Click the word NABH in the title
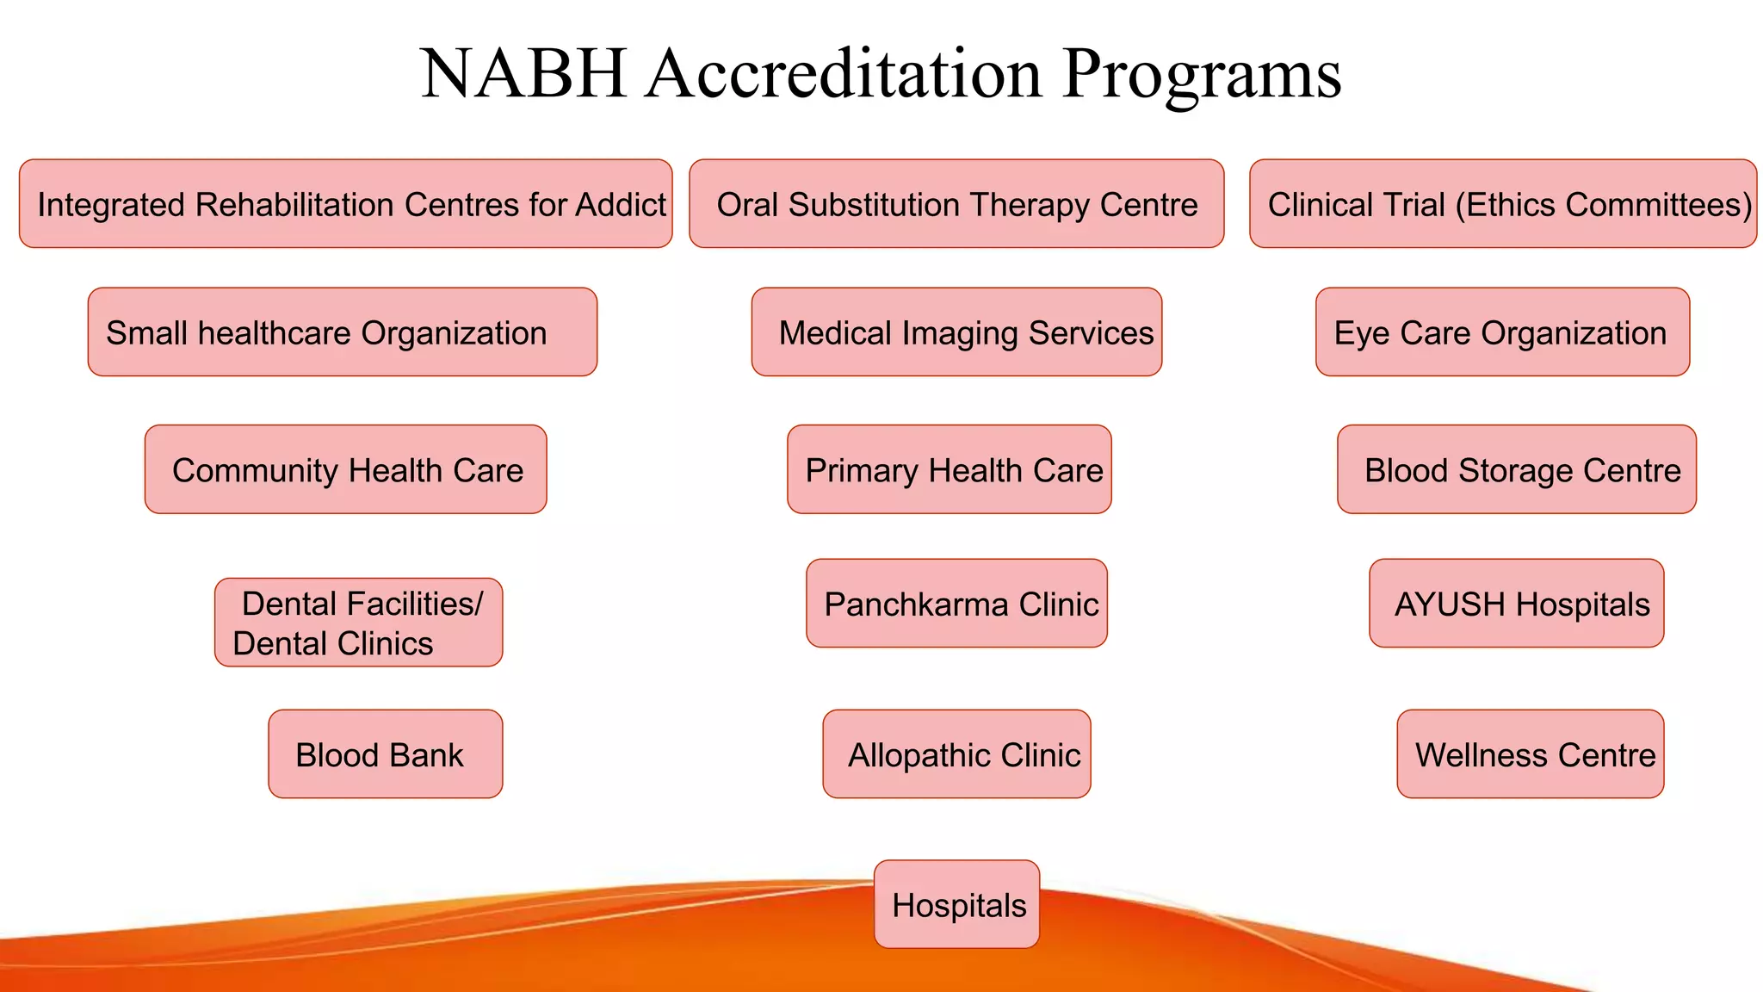[523, 74]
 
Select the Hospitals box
[956, 904]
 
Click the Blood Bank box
[385, 754]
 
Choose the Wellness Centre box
[1530, 754]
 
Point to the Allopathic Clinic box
[956, 754]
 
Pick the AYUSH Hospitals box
[1516, 604]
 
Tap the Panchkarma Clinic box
[956, 604]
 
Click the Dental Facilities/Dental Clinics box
[358, 623]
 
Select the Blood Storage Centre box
[1516, 469]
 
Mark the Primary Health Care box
[949, 469]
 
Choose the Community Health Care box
[345, 469]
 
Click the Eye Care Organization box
[1502, 332]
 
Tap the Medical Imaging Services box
[956, 332]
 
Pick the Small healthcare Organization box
[342, 332]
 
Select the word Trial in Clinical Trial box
[1414, 205]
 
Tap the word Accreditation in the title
[844, 74]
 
